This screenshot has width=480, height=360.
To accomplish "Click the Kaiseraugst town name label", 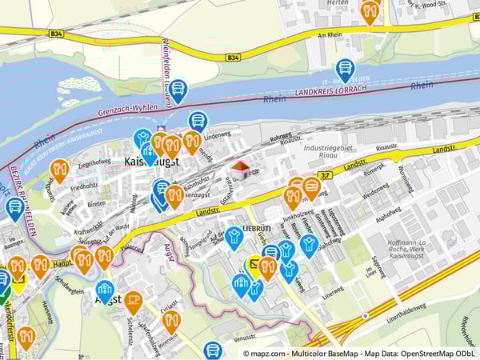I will point(152,162).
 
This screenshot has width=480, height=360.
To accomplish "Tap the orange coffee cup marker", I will point(134,302).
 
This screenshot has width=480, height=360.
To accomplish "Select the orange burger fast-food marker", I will point(311,188).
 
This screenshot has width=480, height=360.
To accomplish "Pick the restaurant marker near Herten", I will point(370,11).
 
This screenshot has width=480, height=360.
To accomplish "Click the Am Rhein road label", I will point(330,36).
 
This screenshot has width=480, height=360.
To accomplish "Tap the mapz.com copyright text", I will point(361,352).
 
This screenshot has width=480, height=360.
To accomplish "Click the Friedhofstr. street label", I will point(83,186).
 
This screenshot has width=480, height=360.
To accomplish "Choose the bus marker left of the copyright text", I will point(213,350).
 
